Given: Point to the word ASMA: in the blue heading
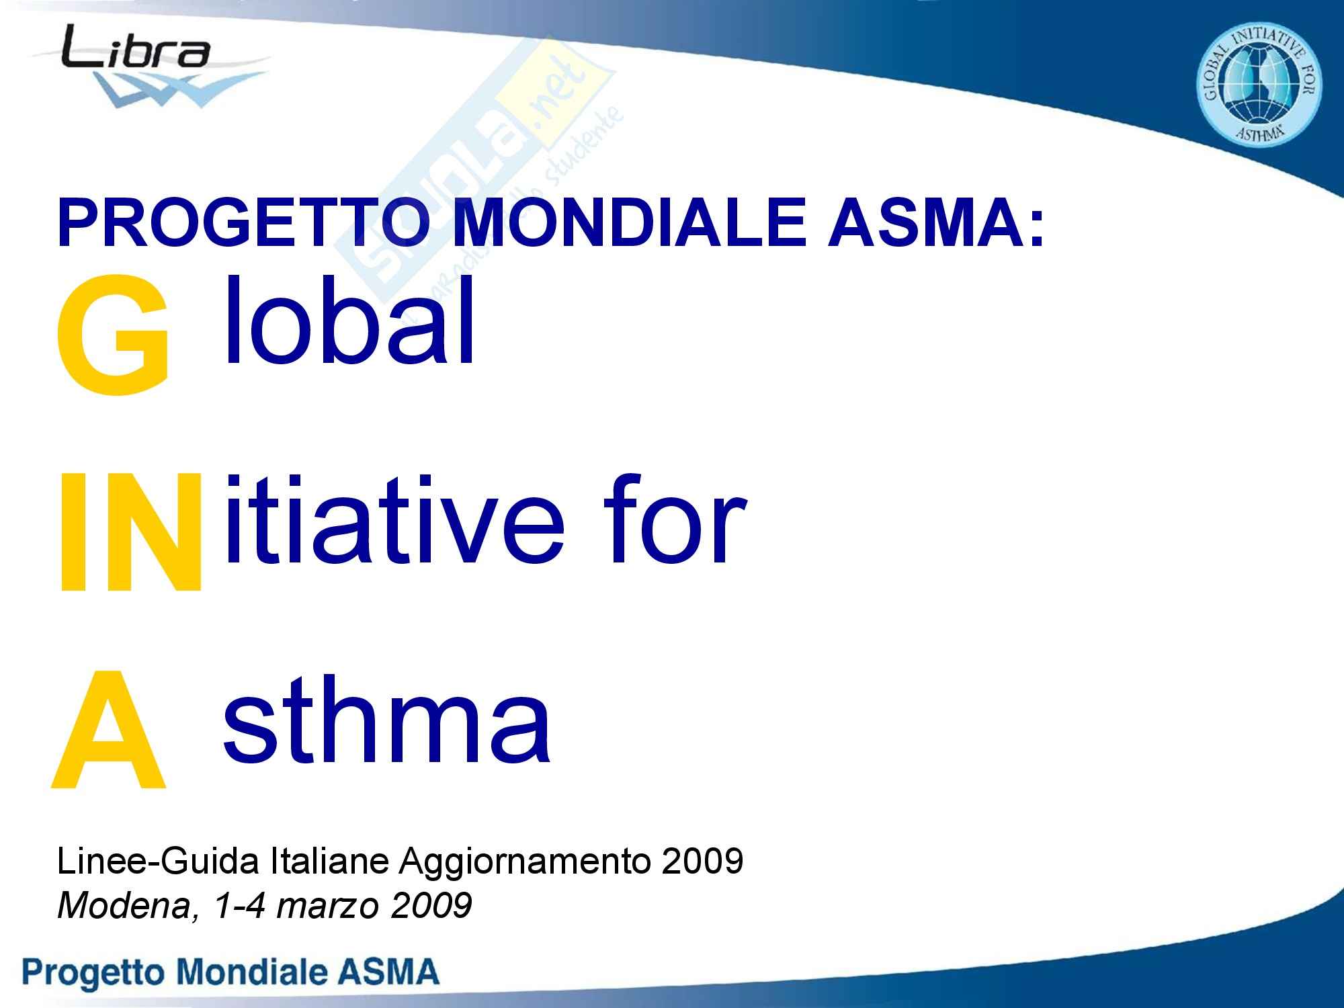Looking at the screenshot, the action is [x=936, y=223].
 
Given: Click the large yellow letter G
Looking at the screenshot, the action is [x=112, y=335].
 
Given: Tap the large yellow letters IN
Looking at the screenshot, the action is [x=130, y=531].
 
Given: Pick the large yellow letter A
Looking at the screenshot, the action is [x=108, y=729].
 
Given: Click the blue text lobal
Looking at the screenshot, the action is [x=349, y=319].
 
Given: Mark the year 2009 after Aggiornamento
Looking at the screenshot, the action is [x=702, y=861].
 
